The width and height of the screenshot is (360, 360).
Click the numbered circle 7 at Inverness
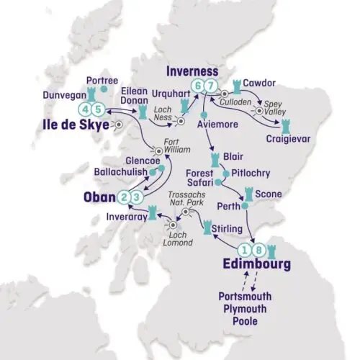point(210,86)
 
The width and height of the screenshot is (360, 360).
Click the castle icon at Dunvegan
point(92,93)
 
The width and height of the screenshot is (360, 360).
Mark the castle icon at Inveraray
point(152,212)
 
